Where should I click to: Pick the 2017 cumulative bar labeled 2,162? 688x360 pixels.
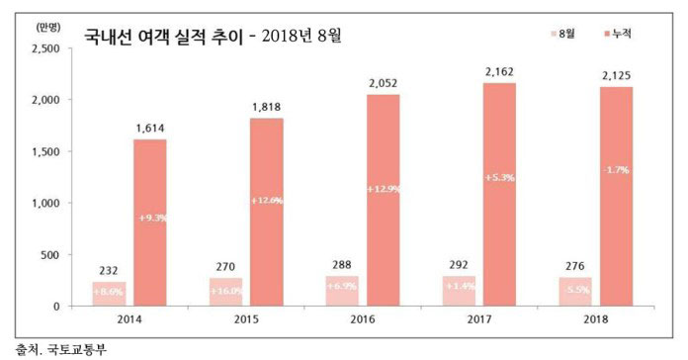[x=500, y=194]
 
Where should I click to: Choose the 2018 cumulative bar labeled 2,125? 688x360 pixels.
[x=618, y=196]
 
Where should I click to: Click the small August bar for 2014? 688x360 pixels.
[x=110, y=294]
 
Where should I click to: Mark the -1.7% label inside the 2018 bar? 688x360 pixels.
[x=618, y=170]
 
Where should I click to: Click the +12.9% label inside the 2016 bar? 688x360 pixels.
[x=383, y=188]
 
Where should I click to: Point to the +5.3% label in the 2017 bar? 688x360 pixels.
[x=500, y=177]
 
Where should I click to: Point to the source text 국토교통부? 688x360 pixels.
[x=63, y=348]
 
